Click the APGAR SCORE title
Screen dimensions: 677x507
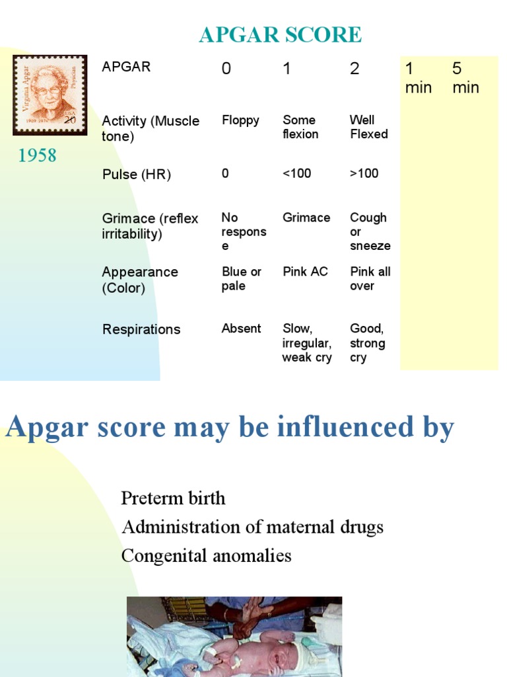280,34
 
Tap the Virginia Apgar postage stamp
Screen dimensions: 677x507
50,95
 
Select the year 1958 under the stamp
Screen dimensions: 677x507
37,155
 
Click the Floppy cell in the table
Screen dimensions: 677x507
240,120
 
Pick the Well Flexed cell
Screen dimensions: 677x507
368,127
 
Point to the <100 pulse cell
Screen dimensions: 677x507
296,173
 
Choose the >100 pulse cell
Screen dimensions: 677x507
364,173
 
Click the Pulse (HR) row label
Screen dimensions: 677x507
136,175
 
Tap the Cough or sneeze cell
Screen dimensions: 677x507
370,231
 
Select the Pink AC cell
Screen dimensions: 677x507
305,271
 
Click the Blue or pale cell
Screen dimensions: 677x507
241,278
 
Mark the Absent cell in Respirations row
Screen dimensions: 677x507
241,329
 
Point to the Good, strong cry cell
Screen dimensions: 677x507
367,342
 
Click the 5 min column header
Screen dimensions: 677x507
465,78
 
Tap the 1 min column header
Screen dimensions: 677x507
418,78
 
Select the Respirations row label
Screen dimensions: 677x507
141,329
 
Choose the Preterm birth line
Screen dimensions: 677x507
173,498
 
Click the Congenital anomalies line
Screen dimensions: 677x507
206,555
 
